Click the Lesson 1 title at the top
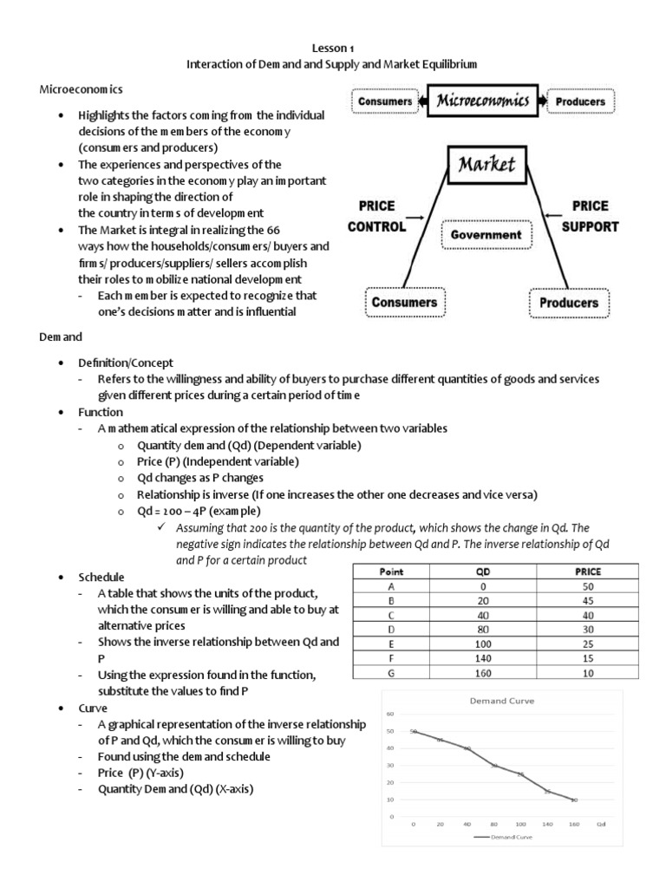coord(332,49)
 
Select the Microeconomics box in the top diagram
coord(482,101)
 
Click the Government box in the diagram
coord(486,234)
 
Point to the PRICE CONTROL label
coord(376,217)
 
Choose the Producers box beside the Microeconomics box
coord(580,101)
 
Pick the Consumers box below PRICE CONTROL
coord(405,303)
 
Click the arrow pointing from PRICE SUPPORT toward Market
coord(555,218)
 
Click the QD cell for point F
coord(483,658)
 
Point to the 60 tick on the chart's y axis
coord(390,715)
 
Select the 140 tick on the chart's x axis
coord(547,825)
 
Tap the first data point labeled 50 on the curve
coord(414,732)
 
